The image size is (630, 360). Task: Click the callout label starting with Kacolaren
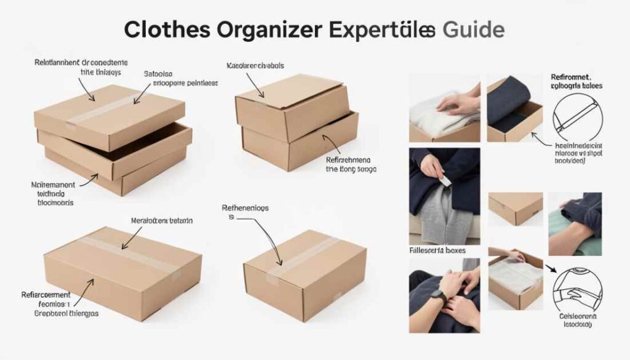pos(255,65)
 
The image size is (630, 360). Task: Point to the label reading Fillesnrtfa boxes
pos(437,250)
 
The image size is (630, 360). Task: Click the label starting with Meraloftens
pos(162,220)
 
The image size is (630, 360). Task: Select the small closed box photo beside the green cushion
pos(516,209)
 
